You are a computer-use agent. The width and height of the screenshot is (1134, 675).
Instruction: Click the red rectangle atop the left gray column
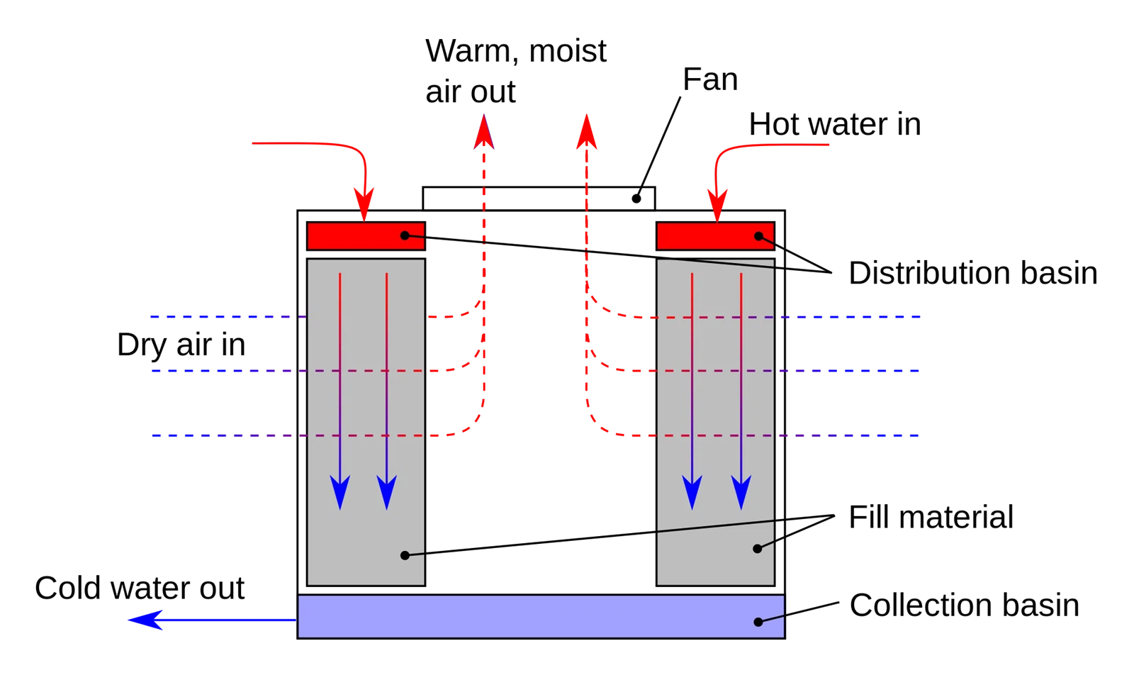354,236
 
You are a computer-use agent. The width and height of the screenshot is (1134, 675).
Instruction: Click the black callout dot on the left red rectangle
405,235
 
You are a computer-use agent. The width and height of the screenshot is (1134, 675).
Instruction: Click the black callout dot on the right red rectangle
759,236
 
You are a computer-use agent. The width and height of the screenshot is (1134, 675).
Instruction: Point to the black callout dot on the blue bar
758,622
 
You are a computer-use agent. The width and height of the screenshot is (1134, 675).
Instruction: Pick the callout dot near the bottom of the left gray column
405,555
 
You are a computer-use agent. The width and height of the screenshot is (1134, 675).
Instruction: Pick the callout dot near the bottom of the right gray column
757,549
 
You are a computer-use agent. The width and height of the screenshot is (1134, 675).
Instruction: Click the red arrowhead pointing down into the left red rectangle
364,206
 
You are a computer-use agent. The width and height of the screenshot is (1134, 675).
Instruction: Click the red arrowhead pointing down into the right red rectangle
717,206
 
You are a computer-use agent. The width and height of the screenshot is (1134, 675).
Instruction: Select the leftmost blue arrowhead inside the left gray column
340,492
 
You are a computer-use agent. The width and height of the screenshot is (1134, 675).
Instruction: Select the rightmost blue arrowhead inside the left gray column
386,492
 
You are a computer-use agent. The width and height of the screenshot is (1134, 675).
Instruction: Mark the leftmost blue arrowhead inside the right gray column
692,492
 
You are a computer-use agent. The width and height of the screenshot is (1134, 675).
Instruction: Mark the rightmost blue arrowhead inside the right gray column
741,492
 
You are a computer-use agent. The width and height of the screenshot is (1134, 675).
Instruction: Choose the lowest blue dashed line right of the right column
850,437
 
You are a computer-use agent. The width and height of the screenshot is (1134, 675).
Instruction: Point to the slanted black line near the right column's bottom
716,526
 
